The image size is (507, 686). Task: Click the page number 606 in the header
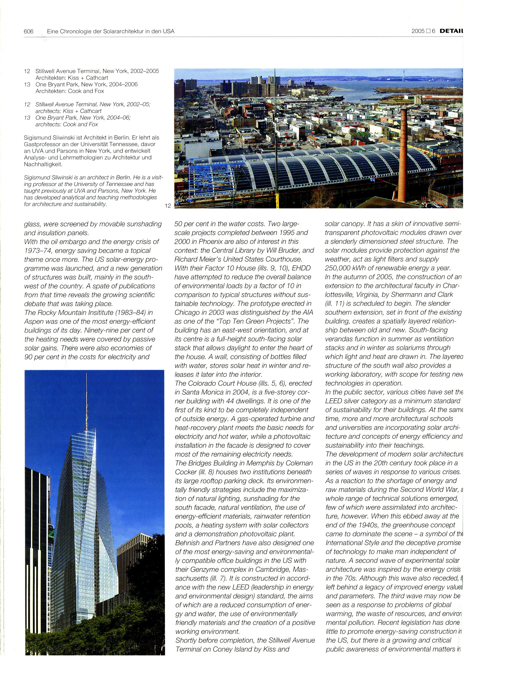point(29,31)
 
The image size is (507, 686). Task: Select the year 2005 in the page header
point(418,31)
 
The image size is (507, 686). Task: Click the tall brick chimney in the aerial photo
point(404,147)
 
